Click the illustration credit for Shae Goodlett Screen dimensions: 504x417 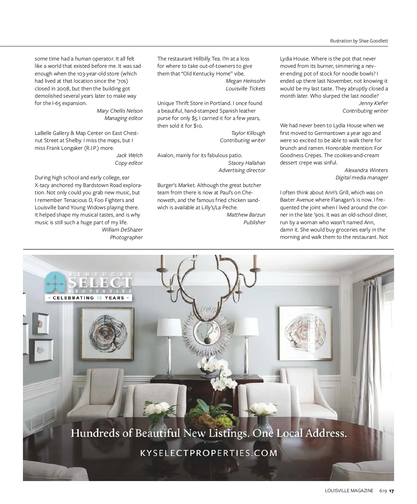tap(359, 41)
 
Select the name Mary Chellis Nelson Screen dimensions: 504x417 tap(120, 111)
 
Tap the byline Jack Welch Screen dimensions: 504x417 tap(129, 155)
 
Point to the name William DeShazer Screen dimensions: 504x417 tap(122, 230)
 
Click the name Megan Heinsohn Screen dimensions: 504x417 tap(245, 81)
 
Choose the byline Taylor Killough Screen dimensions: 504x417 tap(248, 133)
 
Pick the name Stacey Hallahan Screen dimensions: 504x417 tap(247, 163)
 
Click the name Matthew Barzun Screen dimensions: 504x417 tap(246, 215)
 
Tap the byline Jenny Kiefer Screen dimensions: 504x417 tap(373, 103)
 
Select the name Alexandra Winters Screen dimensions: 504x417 tap(366, 170)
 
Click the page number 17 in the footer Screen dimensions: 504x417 tap(391, 491)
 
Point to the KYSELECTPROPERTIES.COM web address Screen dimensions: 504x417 tap(208, 453)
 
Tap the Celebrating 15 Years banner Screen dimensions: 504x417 tap(89, 298)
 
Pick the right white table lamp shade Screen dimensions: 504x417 tap(247, 327)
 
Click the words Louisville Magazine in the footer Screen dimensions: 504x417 tap(349, 491)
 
